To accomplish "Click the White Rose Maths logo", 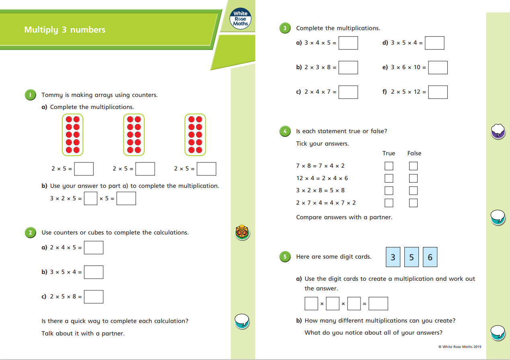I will pyautogui.click(x=241, y=19).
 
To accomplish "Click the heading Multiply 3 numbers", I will pyautogui.click(x=65, y=30).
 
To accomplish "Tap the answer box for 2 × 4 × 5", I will pyautogui.click(x=94, y=247).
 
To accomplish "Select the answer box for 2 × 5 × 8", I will pyautogui.click(x=94, y=296).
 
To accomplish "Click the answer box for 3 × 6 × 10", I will pyautogui.click(x=438, y=68).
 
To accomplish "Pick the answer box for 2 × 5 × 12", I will pyautogui.click(x=438, y=92).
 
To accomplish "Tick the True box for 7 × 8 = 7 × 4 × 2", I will pyautogui.click(x=389, y=166).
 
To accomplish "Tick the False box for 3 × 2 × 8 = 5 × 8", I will pyautogui.click(x=413, y=190).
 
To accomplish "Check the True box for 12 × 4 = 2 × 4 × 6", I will pyautogui.click(x=389, y=178).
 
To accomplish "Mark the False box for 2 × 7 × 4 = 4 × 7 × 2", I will pyautogui.click(x=413, y=203).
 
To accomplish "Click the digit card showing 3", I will pyautogui.click(x=393, y=257).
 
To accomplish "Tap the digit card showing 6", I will pyautogui.click(x=430, y=257).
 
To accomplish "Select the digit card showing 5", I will pyautogui.click(x=412, y=257).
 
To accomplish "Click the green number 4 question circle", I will pyautogui.click(x=285, y=132).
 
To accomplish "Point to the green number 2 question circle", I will pyautogui.click(x=30, y=232).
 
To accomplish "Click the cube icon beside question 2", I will pyautogui.click(x=242, y=232).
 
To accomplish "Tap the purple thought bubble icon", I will pyautogui.click(x=498, y=130).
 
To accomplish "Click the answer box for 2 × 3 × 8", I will pyautogui.click(x=348, y=68).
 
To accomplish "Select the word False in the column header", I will pyautogui.click(x=414, y=153).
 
